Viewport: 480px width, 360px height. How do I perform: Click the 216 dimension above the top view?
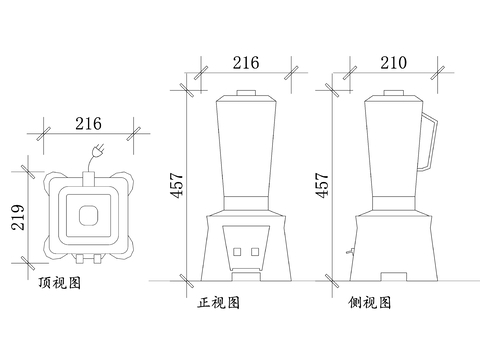[x=88, y=124]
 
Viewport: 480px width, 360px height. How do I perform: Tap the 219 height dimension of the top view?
[x=18, y=217]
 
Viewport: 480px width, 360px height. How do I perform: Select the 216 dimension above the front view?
[x=246, y=63]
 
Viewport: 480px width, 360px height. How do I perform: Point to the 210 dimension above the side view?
[x=394, y=63]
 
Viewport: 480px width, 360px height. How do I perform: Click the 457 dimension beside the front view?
[x=177, y=185]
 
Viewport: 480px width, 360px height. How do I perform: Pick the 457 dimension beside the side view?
[x=322, y=185]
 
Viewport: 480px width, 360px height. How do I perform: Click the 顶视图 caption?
[x=60, y=283]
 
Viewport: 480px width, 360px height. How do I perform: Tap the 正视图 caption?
[x=219, y=303]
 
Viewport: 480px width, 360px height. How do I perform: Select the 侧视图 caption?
[x=370, y=303]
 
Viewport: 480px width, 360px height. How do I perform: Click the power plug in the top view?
[x=98, y=151]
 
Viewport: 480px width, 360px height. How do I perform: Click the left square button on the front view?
[x=237, y=252]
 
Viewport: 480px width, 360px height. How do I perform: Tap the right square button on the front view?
[x=255, y=252]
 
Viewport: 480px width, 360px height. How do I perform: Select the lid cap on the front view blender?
[x=246, y=93]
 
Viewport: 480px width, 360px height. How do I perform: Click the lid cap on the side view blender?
[x=394, y=93]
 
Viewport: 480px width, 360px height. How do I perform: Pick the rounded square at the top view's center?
[x=89, y=215]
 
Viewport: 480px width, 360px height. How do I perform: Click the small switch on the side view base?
[x=350, y=251]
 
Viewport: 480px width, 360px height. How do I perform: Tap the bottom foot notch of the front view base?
[x=246, y=277]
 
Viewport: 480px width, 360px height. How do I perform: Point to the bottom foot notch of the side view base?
[x=394, y=277]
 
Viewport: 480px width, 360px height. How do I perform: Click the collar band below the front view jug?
[x=246, y=203]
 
